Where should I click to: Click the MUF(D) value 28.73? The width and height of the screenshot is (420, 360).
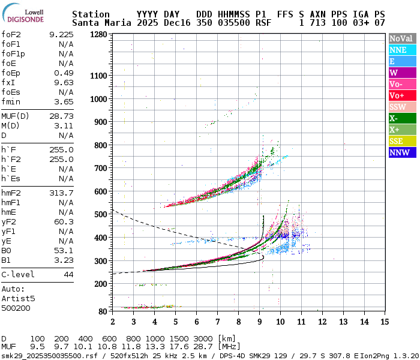61,116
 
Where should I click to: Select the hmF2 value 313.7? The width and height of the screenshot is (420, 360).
61,193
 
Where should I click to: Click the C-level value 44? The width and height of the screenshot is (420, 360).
68,274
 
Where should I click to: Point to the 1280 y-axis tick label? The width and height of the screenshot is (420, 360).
98,34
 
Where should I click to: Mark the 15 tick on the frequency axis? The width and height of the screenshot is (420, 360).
384,322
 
